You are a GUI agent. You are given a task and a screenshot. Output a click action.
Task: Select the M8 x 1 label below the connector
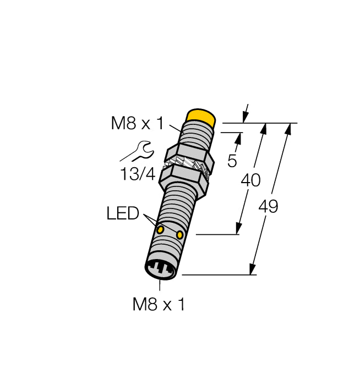pyautogui.click(x=159, y=304)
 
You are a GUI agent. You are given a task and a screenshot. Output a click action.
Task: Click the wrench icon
pyautogui.click(x=141, y=151)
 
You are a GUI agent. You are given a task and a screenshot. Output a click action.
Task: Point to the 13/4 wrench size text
pyautogui.click(x=138, y=174)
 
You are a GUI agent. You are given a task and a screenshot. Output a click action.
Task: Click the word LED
pyautogui.click(x=123, y=213)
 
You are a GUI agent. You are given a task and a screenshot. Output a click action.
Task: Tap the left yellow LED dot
pyautogui.click(x=160, y=228)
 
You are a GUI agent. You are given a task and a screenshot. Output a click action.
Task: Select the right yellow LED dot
pyautogui.click(x=179, y=235)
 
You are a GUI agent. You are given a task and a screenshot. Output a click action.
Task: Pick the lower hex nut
pyautogui.click(x=184, y=179)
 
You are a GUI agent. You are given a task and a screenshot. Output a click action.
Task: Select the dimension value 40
pyautogui.click(x=250, y=180)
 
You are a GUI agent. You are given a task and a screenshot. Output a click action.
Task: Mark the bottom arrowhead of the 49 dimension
pyautogui.click(x=252, y=269)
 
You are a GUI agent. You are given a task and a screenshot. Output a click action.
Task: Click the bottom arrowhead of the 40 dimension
pyautogui.click(x=239, y=229)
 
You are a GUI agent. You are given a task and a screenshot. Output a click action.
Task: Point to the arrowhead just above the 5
pyautogui.click(x=238, y=137)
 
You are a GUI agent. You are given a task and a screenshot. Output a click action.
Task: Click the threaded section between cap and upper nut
pyautogui.click(x=197, y=135)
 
